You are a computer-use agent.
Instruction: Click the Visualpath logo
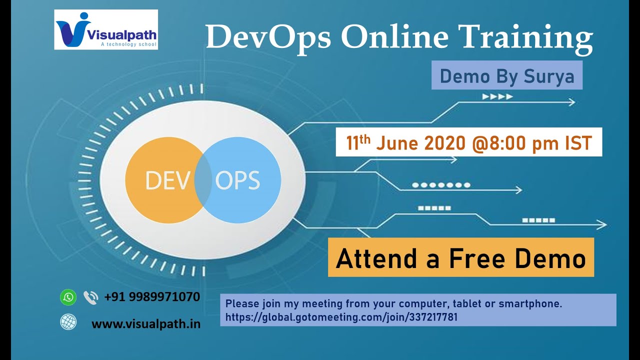click(106, 29)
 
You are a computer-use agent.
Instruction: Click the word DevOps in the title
click(268, 37)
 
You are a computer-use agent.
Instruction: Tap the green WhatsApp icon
click(68, 297)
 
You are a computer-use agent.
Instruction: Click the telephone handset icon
click(90, 297)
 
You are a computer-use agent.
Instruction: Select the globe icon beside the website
click(68, 322)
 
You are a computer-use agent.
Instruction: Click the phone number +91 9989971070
click(152, 297)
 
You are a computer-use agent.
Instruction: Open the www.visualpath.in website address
click(146, 324)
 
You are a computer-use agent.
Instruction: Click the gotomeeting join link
click(341, 317)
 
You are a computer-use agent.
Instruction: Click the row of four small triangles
click(497, 96)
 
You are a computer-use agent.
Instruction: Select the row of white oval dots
click(441, 185)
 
